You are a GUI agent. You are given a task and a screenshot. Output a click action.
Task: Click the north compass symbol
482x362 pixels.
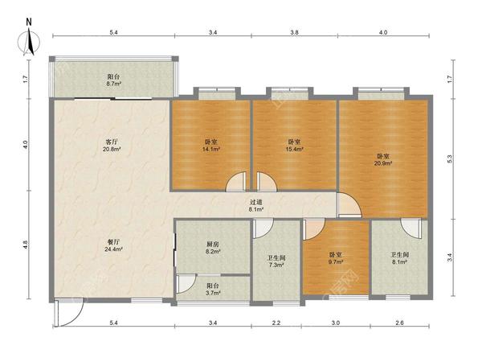click(29, 39)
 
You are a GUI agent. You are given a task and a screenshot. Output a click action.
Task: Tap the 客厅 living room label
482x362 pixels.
click(112, 142)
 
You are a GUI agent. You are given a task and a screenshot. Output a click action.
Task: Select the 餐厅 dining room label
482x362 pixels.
click(113, 241)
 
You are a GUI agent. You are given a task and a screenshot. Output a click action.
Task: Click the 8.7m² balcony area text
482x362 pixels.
click(114, 84)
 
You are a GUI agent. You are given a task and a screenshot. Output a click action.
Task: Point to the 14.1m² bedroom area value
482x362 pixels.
click(210, 150)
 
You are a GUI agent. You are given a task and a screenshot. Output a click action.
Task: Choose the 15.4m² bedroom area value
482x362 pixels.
click(295, 149)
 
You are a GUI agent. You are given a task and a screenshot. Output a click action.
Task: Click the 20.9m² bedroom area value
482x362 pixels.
click(383, 163)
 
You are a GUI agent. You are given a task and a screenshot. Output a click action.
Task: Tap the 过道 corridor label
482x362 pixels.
click(255, 202)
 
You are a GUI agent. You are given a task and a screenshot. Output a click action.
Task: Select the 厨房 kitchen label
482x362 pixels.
click(212, 245)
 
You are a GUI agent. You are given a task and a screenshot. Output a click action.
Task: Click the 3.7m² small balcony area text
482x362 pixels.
click(213, 293)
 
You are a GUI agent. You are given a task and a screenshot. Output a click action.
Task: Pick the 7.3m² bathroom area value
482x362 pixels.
click(276, 265)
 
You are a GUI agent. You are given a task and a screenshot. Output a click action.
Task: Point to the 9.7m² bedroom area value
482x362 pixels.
click(335, 262)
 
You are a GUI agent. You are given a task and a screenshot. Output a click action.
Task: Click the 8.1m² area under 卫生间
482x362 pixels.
click(399, 262)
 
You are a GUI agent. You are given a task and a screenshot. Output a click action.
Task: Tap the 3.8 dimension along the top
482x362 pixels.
click(295, 32)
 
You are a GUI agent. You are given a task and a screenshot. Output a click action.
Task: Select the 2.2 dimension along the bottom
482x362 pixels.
click(276, 323)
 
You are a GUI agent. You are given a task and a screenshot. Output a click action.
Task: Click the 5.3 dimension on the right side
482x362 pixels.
click(449, 158)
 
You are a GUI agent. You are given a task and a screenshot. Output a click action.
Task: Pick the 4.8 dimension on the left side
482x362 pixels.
click(26, 245)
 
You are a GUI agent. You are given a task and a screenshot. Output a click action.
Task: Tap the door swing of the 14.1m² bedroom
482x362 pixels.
click(236, 182)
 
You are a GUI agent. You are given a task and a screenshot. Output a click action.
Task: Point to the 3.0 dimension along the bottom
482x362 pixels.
click(336, 323)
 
